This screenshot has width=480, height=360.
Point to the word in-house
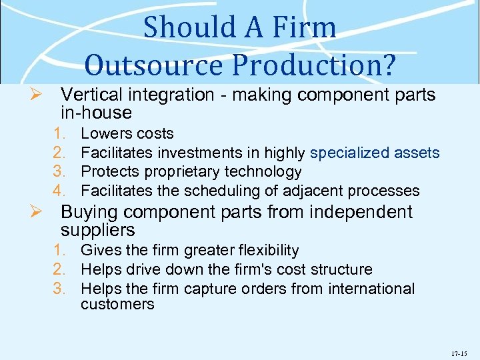(96, 113)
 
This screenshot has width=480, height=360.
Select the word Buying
(89, 212)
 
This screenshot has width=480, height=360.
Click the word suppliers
(97, 231)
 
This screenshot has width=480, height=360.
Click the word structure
(340, 270)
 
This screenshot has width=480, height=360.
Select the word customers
(117, 305)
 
